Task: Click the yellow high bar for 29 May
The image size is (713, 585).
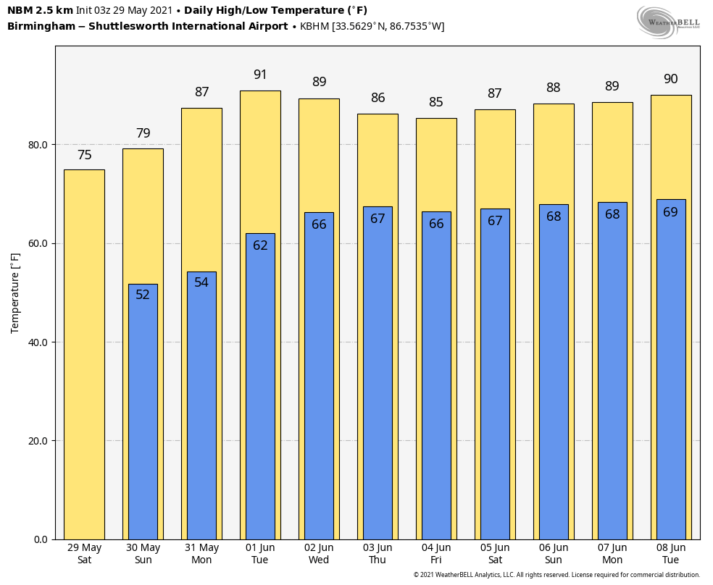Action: [84, 355]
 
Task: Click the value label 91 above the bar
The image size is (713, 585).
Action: [260, 75]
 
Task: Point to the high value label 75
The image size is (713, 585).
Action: [84, 155]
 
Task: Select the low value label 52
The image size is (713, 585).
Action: [143, 295]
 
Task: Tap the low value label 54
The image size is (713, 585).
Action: [201, 282]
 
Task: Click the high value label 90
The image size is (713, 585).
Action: [670, 79]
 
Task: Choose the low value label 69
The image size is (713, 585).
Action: [670, 212]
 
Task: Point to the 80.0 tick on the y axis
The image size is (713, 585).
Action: [38, 145]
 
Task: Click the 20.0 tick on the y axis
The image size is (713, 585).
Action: [38, 441]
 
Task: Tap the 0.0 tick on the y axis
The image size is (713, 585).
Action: [41, 539]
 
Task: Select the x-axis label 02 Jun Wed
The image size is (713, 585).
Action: [319, 554]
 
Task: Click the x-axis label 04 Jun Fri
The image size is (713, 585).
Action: [436, 554]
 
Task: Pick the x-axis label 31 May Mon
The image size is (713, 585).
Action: [201, 554]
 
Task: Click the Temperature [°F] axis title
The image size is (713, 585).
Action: [15, 292]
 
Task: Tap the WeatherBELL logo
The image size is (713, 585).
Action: [668, 22]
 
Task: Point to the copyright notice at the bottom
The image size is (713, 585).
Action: [556, 575]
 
